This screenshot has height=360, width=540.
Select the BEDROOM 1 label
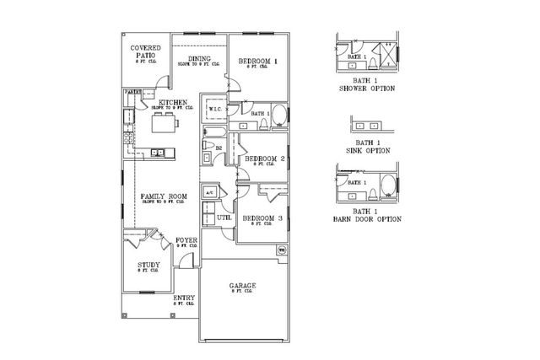click(258, 62)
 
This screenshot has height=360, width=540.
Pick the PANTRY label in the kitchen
click(132, 91)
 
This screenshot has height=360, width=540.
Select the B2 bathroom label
click(219, 148)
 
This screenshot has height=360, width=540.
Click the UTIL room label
click(224, 218)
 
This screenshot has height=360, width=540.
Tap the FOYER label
click(186, 240)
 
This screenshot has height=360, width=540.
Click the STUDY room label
click(148, 265)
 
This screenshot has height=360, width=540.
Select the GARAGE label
click(243, 286)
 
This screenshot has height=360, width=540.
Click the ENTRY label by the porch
click(184, 298)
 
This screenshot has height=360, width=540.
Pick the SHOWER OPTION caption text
click(367, 87)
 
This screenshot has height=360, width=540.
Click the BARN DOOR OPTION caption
click(365, 218)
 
